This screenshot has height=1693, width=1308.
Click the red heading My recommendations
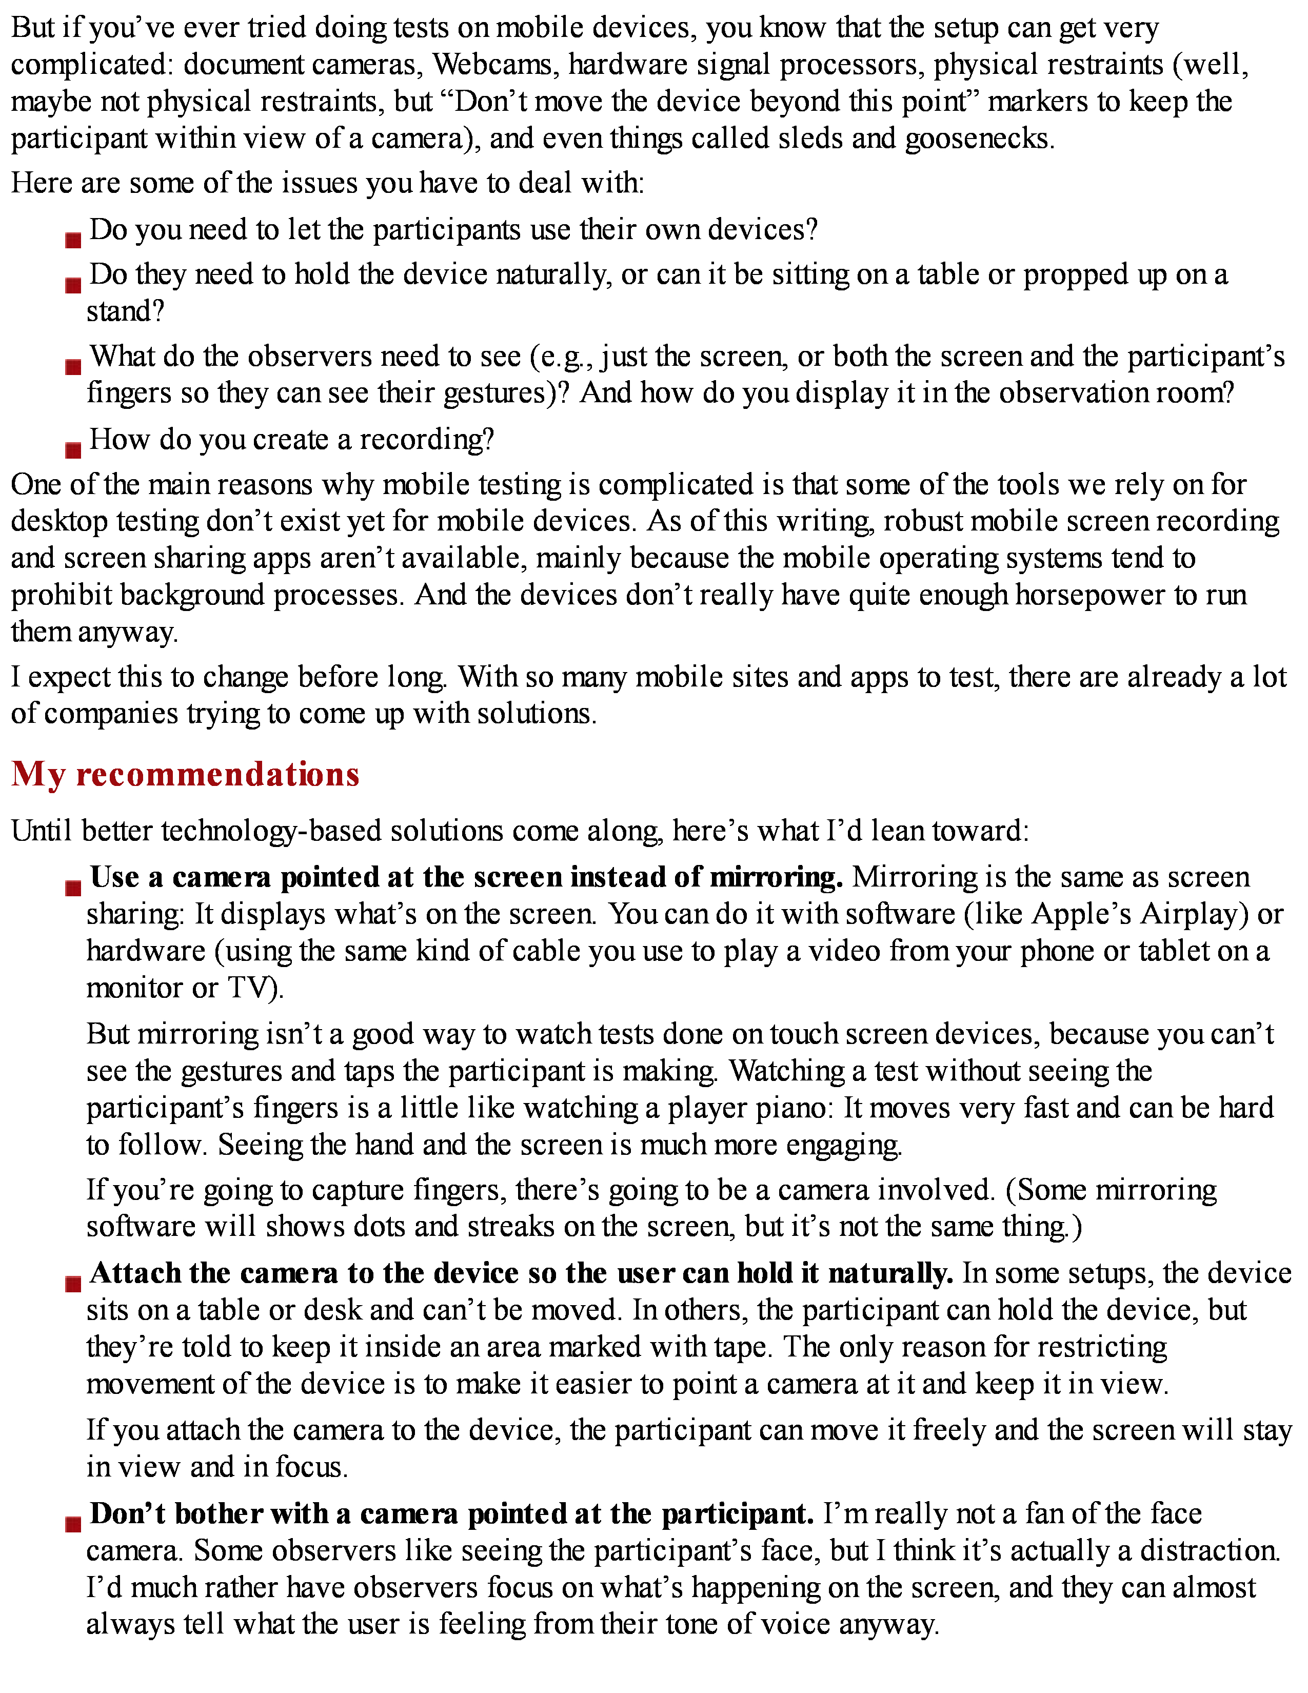tap(185, 774)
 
